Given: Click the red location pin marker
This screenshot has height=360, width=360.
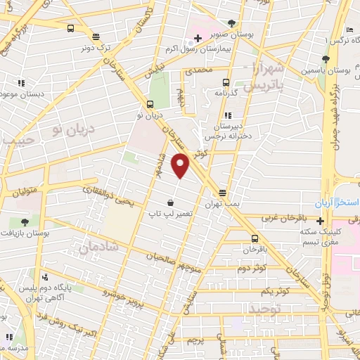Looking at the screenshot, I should click(x=181, y=166).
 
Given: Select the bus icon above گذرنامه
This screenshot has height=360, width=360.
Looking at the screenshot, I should click(x=226, y=82).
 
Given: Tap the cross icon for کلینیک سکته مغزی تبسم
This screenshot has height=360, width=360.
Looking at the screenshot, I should click(x=320, y=221).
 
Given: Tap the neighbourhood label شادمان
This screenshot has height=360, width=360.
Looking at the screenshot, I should click(x=98, y=248).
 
